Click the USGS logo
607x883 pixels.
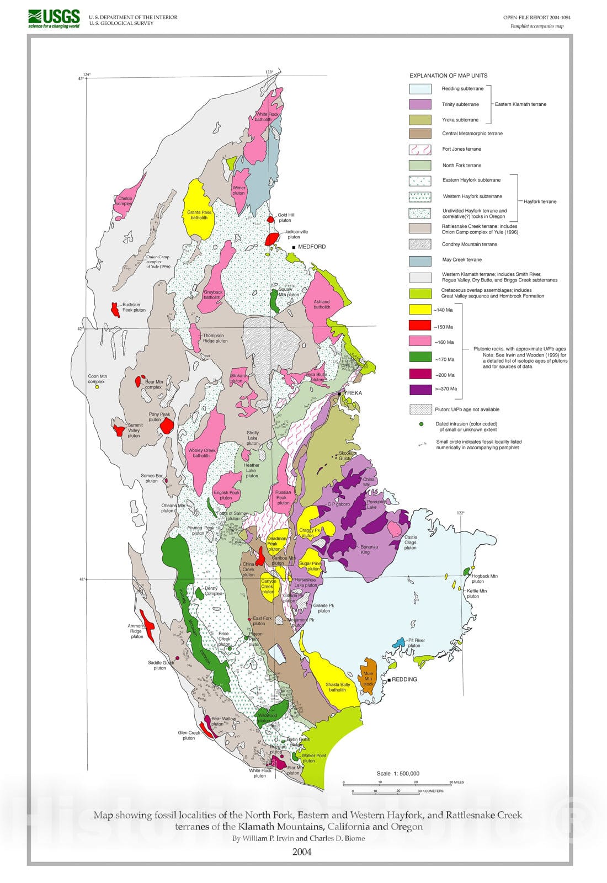[x=54, y=18]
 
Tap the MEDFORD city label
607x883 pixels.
[x=312, y=247]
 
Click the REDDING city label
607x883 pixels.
[x=404, y=679]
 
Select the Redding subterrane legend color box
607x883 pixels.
[x=420, y=89]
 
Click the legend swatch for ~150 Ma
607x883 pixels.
[x=420, y=326]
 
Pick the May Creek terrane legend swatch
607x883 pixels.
[x=420, y=260]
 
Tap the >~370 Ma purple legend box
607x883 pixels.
[x=420, y=389]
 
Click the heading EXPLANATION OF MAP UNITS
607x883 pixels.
[x=448, y=76]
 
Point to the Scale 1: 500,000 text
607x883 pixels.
[x=398, y=773]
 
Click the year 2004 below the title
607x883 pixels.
[x=302, y=852]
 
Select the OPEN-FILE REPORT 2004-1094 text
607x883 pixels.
[x=536, y=18]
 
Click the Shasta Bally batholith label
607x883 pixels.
[x=338, y=687]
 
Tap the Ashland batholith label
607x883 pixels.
[x=322, y=304]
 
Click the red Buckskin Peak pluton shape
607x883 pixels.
[x=115, y=310]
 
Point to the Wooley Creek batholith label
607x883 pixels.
[x=201, y=453]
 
